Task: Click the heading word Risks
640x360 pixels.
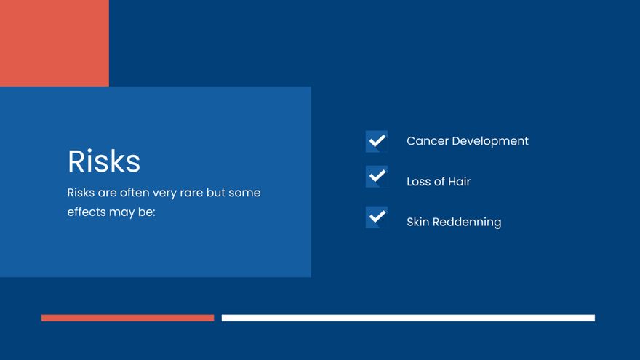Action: click(x=104, y=161)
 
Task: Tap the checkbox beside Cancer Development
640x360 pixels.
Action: click(x=376, y=141)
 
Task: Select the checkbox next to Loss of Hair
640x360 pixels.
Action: click(x=376, y=177)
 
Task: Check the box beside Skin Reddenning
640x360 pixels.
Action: click(x=376, y=217)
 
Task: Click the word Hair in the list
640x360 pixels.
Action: click(x=459, y=182)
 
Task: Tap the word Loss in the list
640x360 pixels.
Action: click(x=419, y=182)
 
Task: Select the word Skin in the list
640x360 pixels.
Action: click(x=417, y=222)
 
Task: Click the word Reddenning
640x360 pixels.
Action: click(x=467, y=222)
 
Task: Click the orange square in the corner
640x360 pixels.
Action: click(x=54, y=43)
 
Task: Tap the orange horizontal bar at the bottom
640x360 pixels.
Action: click(x=127, y=318)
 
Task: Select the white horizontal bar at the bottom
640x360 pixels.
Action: click(x=408, y=318)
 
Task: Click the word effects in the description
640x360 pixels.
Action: click(x=87, y=212)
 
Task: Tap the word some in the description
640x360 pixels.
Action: click(x=244, y=193)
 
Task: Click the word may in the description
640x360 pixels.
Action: click(x=122, y=213)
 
